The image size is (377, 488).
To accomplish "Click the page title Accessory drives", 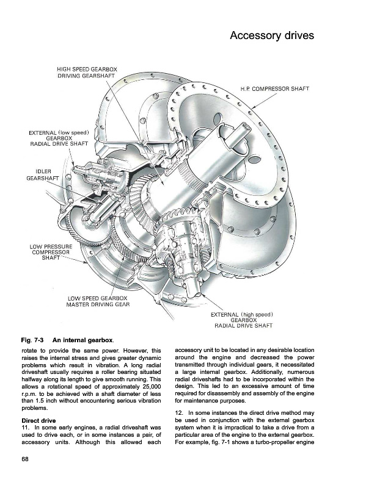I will pos(271,36).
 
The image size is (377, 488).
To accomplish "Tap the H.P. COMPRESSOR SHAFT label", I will pos(274,88).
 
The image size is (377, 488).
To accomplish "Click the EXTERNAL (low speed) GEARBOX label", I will pos(59,137).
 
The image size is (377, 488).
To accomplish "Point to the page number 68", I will pos(25,459).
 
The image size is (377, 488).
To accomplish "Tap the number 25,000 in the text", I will pos(147,387).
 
